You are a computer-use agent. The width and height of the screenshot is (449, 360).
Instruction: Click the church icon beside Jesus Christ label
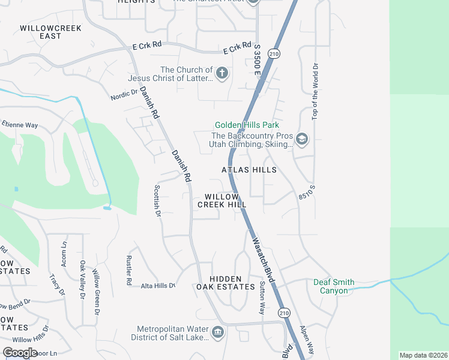(222, 74)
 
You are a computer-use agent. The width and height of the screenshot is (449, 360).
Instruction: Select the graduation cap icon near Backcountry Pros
(301, 140)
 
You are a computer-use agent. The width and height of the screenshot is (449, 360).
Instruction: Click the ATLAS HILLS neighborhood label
(249, 170)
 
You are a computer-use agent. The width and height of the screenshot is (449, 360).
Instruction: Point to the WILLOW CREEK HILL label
(222, 200)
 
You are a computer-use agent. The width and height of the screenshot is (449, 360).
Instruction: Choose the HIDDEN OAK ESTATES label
(226, 283)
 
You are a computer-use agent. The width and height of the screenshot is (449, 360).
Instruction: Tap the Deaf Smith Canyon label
(334, 286)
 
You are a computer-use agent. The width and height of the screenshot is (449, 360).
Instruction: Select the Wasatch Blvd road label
(263, 260)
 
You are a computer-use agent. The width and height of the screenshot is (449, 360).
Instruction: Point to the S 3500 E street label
(257, 63)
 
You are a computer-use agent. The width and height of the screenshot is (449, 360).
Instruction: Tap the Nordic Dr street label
(124, 95)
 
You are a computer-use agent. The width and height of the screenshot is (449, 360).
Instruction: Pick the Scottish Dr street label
(157, 200)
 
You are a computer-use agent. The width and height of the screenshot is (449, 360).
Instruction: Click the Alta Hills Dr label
(158, 286)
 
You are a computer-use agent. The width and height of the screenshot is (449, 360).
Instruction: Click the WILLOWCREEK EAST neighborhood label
(41, 32)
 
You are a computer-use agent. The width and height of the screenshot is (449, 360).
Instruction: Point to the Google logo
(20, 352)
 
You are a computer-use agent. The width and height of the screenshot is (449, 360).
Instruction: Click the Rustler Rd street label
(128, 271)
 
